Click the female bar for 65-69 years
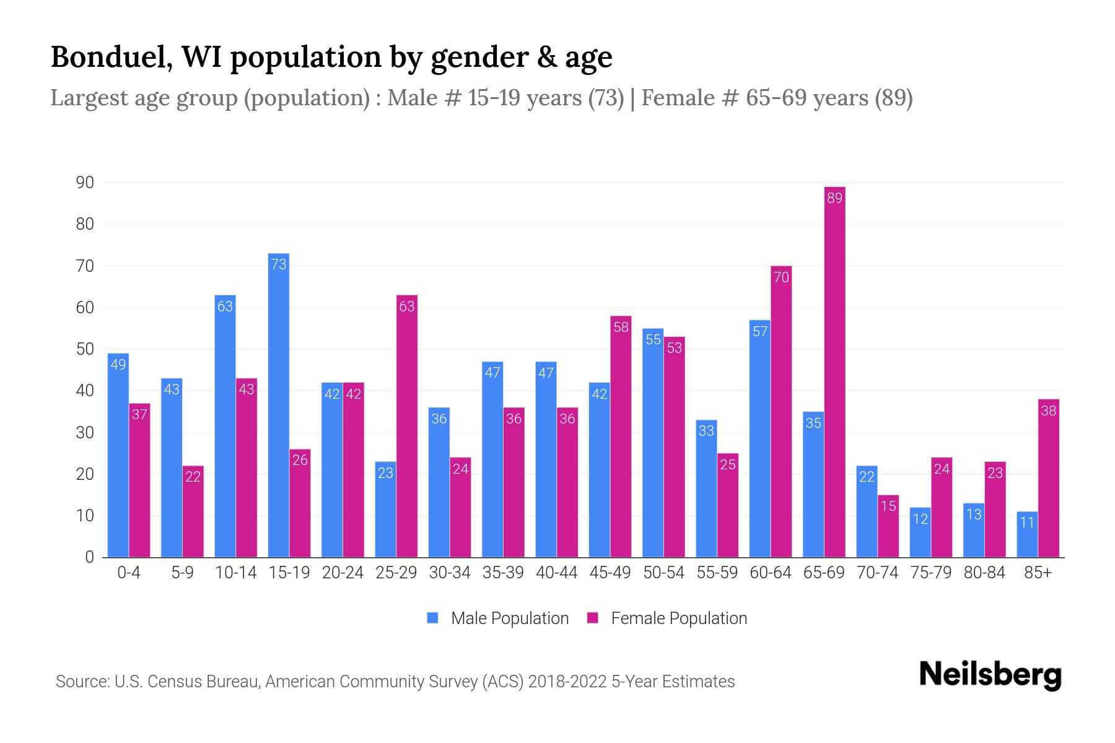tap(834, 371)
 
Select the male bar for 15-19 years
tap(279, 406)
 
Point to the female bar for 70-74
tap(888, 526)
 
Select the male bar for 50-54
tap(653, 443)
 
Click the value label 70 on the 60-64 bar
tap(781, 277)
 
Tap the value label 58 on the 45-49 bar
tap(621, 327)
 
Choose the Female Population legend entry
tap(667, 618)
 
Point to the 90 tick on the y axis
tap(85, 183)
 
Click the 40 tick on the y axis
tap(85, 391)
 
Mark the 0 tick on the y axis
tap(89, 557)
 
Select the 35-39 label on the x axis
tap(503, 573)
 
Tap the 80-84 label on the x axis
tap(984, 573)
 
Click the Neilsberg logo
tap(990, 675)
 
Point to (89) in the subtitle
tap(893, 98)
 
